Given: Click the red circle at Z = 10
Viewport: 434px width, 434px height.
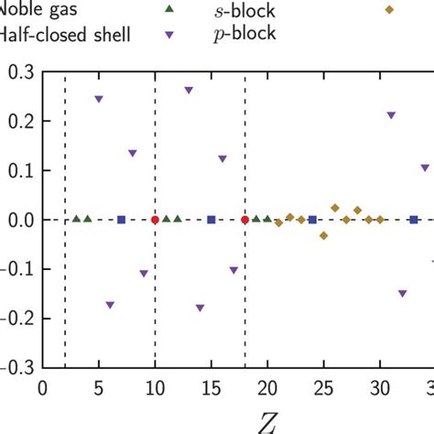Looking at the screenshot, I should point(155,220).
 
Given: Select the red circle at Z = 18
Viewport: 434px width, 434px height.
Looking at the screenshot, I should point(244,220).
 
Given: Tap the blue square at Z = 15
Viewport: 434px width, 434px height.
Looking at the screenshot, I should point(211,220).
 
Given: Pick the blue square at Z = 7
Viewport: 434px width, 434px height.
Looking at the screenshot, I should point(122,220).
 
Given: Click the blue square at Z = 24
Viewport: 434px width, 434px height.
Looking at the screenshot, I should point(312,220).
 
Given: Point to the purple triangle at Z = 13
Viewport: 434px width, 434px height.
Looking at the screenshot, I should point(189,91).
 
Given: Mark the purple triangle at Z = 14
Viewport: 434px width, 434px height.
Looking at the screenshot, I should point(200,308).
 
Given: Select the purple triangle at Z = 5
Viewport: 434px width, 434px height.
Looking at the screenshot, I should point(99,99).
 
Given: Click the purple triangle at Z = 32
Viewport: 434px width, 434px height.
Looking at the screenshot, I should point(402,294).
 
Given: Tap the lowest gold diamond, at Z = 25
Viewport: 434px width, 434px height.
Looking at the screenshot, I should point(323,235).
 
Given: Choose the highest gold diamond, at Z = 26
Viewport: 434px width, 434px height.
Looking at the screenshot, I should point(335,208).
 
